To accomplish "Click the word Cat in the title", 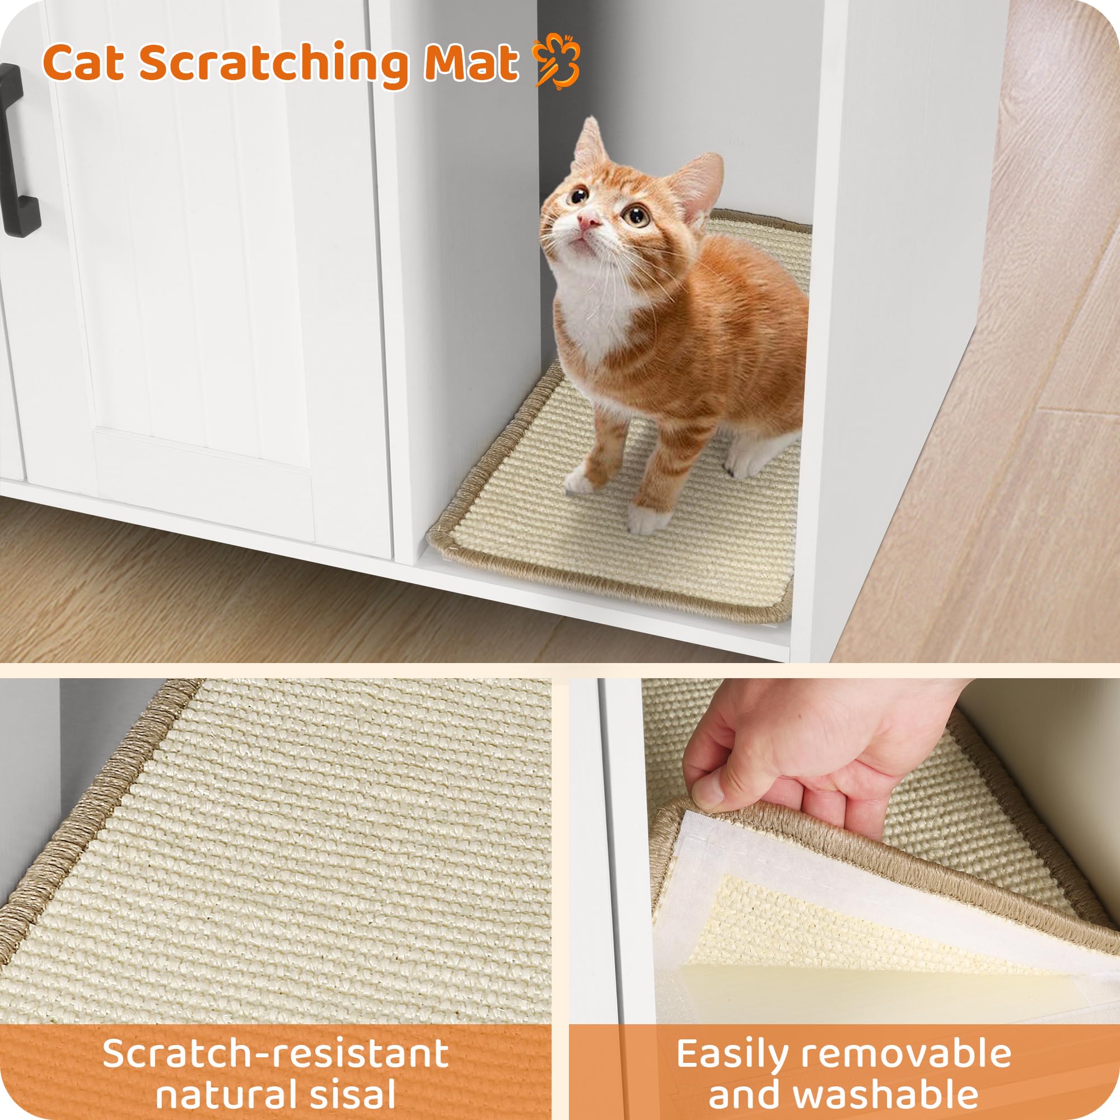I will pyautogui.click(x=84, y=64).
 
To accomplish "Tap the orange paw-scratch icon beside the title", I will pyautogui.click(x=557, y=60).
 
